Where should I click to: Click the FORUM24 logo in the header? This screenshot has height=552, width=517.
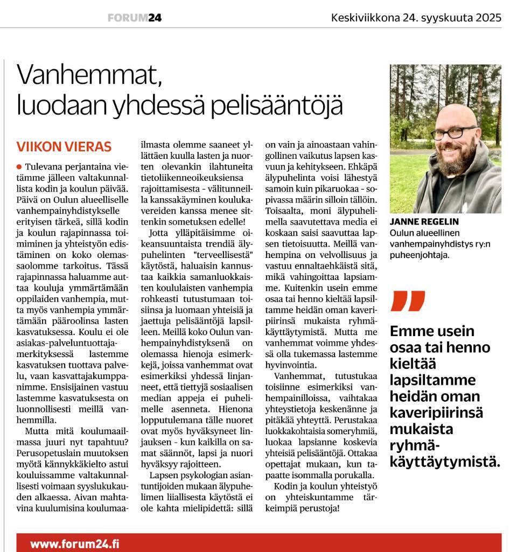click(x=135, y=18)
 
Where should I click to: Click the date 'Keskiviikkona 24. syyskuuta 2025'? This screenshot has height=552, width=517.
click(x=416, y=18)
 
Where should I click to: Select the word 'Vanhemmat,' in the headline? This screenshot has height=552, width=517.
click(x=89, y=76)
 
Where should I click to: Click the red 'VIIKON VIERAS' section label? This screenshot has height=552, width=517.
click(x=64, y=147)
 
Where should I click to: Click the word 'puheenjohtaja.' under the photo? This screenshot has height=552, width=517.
click(x=420, y=256)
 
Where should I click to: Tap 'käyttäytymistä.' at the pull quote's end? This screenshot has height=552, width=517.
click(x=445, y=462)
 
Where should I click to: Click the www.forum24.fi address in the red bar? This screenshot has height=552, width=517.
click(x=74, y=543)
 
